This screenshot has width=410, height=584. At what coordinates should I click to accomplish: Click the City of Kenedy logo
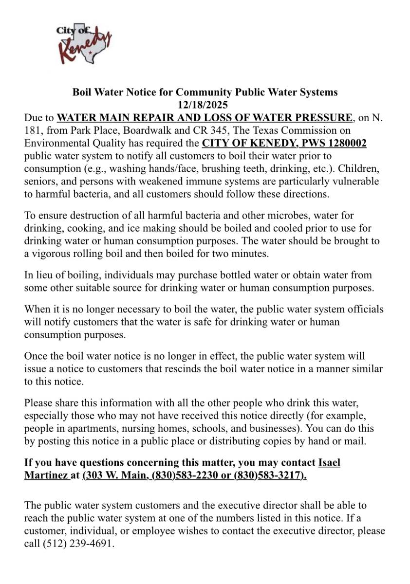tap(84, 43)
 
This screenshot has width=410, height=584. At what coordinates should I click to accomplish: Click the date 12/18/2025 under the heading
tap(205, 105)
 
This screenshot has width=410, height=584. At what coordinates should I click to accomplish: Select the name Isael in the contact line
tap(329, 462)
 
